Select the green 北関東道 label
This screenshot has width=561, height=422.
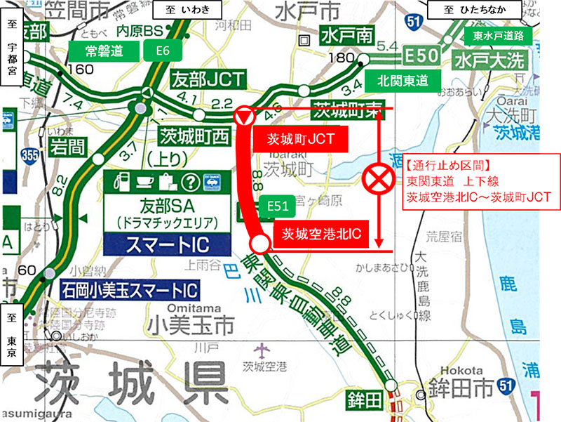click(402, 80)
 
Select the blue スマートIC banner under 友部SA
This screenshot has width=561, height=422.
click(167, 244)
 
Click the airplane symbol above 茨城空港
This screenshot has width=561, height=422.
click(263, 349)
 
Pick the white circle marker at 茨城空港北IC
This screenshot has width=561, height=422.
click(259, 244)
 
